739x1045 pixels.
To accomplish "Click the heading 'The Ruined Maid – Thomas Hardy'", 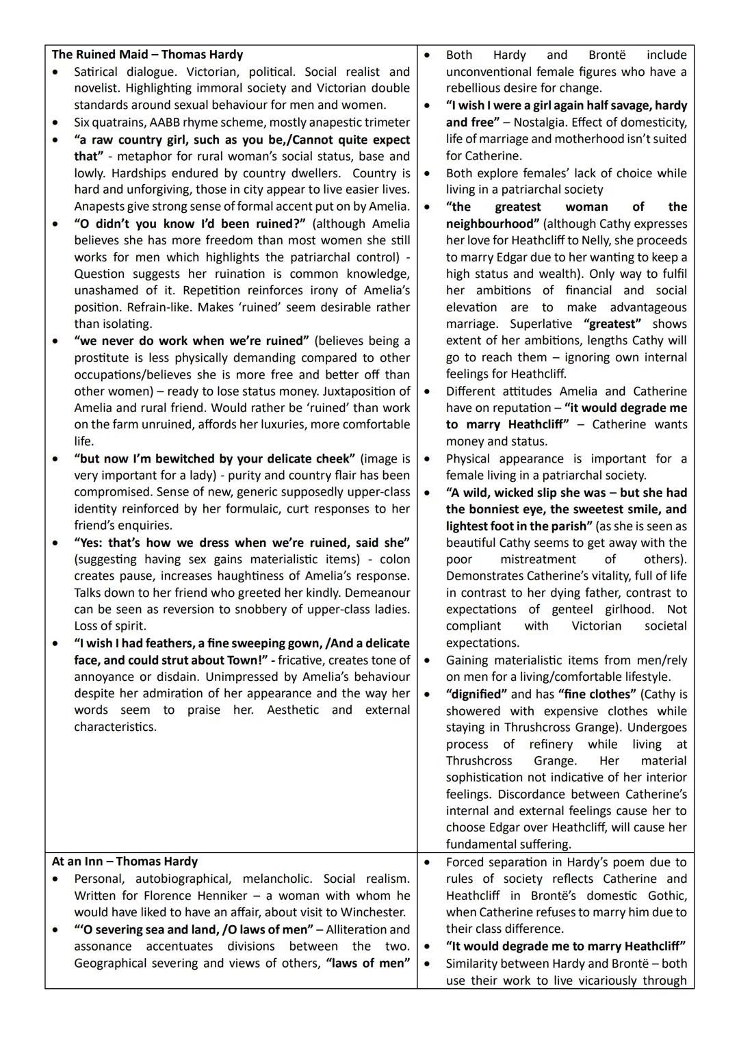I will click(x=147, y=55).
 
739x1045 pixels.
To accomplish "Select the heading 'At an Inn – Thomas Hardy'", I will click(x=125, y=862).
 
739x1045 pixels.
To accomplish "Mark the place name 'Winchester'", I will click(x=372, y=912).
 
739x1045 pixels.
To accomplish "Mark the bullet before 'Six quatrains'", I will click(x=56, y=123).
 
